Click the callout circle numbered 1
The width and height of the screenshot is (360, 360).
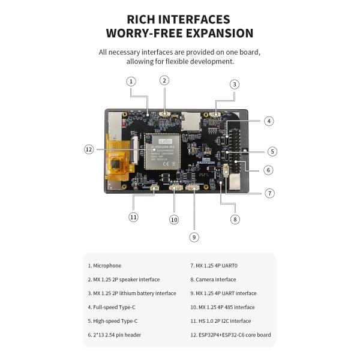point(131,81)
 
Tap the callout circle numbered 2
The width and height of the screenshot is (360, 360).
point(164,80)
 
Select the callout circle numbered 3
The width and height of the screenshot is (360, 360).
point(235,85)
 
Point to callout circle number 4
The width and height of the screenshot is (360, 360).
point(269,121)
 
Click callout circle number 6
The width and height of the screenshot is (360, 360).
point(268,170)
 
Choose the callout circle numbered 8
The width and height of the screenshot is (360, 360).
point(235,219)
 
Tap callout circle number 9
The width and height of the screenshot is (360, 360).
point(194,237)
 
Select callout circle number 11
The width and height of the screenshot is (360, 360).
point(133,217)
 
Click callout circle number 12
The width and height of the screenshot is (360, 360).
point(89,149)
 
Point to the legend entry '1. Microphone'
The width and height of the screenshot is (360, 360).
point(104,265)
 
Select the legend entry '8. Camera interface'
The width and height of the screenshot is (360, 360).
point(213,279)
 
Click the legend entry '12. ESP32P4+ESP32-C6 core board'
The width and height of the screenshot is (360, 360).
point(230,334)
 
